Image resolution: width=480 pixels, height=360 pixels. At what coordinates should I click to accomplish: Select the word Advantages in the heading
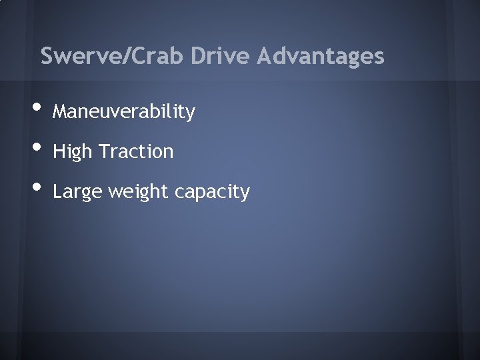tap(321, 56)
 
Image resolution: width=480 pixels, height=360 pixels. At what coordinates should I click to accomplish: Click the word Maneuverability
tap(124, 112)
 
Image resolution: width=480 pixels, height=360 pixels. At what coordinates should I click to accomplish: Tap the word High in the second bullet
tap(72, 152)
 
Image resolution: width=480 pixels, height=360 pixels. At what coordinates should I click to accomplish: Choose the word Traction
tap(135, 151)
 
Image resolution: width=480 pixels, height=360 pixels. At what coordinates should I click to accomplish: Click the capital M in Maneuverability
tap(59, 111)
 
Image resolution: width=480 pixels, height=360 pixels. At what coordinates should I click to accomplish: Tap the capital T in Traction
tap(102, 151)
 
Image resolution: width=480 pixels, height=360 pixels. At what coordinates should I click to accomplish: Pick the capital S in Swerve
tap(47, 56)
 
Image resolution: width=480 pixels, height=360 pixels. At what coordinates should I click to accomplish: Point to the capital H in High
tap(58, 151)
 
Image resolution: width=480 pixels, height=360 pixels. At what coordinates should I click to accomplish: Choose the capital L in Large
tap(57, 191)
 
